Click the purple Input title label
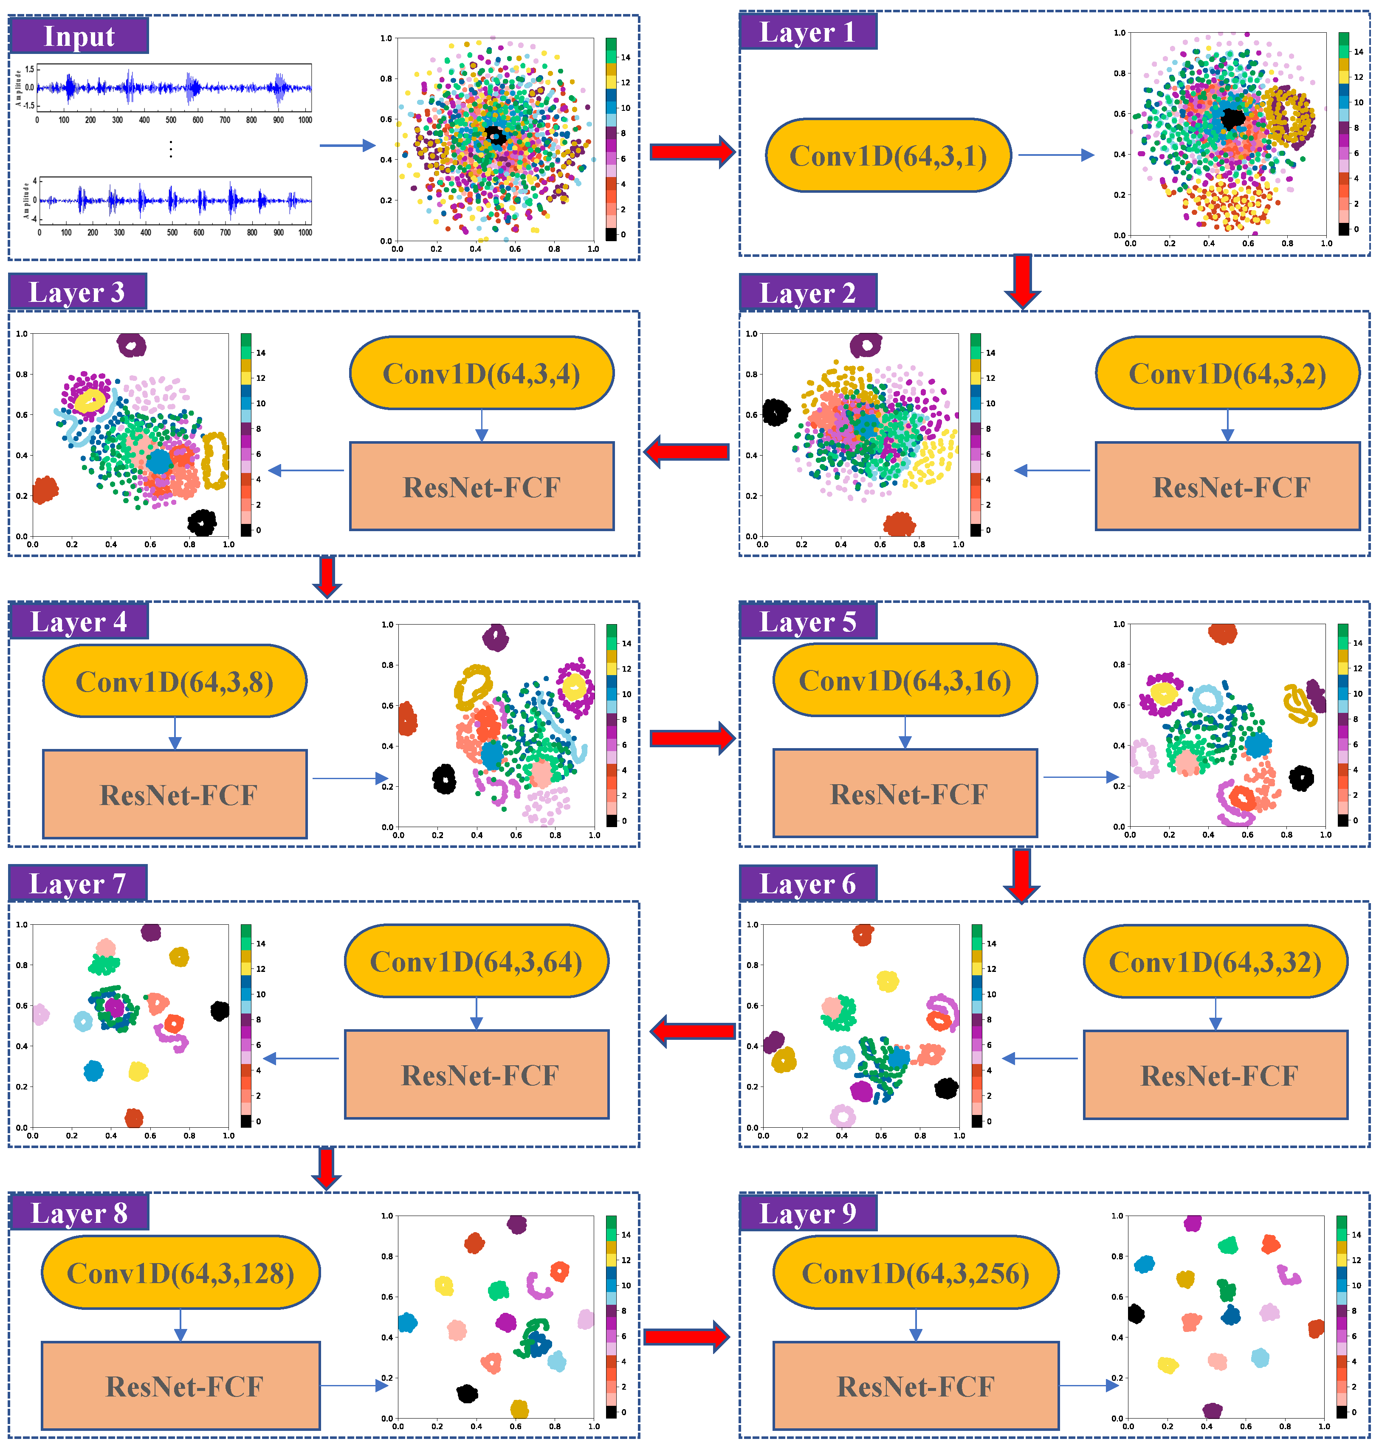coord(79,35)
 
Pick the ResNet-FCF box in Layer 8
coord(181,1385)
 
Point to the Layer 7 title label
coord(77,883)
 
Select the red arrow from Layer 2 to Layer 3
coord(687,451)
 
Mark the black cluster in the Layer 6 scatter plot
coord(946,1088)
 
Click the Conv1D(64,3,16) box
coord(905,681)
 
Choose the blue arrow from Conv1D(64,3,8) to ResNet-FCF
coord(175,733)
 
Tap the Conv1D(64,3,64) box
coord(477,961)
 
